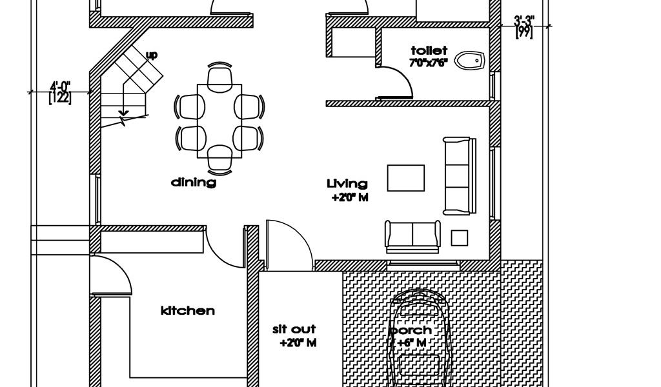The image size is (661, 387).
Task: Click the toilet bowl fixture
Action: point(470,60)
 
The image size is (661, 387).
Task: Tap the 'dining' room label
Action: point(194,183)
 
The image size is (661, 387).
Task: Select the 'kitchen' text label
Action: point(188,311)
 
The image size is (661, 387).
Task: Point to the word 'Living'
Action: point(347,184)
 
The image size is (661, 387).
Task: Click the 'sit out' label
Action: point(294,329)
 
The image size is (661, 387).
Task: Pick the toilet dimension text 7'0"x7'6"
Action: point(428,63)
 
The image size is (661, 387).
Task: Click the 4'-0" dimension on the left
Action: point(60,86)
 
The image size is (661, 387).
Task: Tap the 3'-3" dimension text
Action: point(524,20)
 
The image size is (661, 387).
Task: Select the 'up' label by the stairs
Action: point(152,55)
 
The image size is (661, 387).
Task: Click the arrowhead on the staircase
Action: point(123,112)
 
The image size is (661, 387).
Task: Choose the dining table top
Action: point(219,121)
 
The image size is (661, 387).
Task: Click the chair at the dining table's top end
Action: point(219,76)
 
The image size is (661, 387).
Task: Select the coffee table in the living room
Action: point(406,178)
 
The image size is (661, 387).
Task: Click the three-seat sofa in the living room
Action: point(460,175)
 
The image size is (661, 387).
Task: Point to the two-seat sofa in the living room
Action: point(412,237)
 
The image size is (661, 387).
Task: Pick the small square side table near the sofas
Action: point(460,238)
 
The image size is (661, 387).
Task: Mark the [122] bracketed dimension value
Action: point(60,97)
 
